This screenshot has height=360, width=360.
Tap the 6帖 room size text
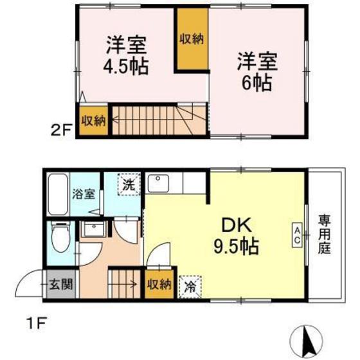pyautogui.click(x=257, y=83)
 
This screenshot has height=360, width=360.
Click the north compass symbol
pyautogui.click(x=309, y=338)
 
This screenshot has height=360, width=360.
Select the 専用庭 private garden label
pyautogui.click(x=323, y=235)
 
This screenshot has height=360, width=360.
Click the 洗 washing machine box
pyautogui.click(x=129, y=184)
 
